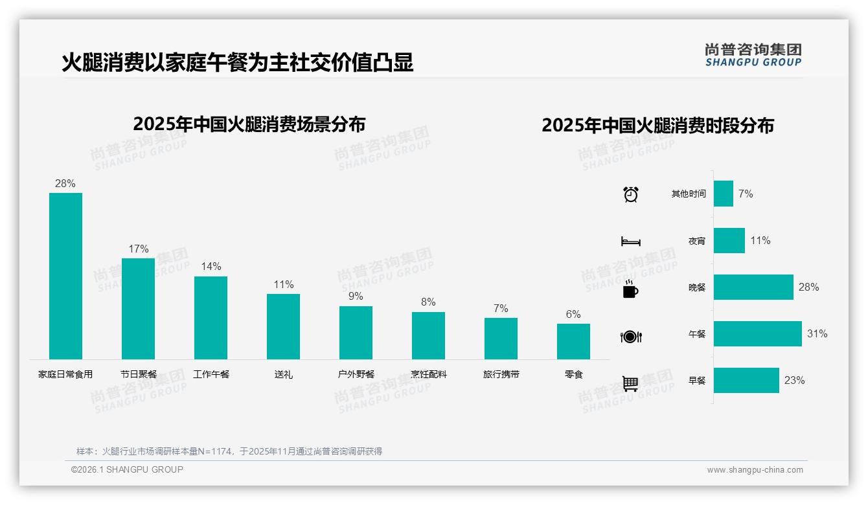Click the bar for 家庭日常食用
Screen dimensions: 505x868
pos(65,276)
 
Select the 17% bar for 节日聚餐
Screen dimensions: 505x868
pos(138,309)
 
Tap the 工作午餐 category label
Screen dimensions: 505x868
pos(211,374)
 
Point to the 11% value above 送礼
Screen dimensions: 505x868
pos(284,284)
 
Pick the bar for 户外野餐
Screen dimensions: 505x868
pos(356,333)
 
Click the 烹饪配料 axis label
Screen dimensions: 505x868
pos(428,374)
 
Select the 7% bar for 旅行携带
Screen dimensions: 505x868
pos(501,339)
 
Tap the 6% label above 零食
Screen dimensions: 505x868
pos(573,314)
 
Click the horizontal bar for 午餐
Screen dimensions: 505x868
pos(757,334)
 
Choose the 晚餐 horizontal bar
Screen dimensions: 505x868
pos(753,287)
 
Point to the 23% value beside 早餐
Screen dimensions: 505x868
pos(794,381)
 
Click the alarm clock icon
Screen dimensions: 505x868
pos(631,194)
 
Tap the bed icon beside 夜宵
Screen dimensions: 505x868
pos(631,241)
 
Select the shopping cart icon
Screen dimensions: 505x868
pos(630,383)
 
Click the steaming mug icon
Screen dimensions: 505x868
pos(630,289)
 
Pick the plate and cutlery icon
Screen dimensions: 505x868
pos(631,337)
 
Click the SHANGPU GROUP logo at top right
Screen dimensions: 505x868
pos(753,55)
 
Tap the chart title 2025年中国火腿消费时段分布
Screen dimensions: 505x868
pos(657,126)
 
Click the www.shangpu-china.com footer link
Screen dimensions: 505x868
pos(755,470)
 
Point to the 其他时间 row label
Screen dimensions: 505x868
pos(689,194)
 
